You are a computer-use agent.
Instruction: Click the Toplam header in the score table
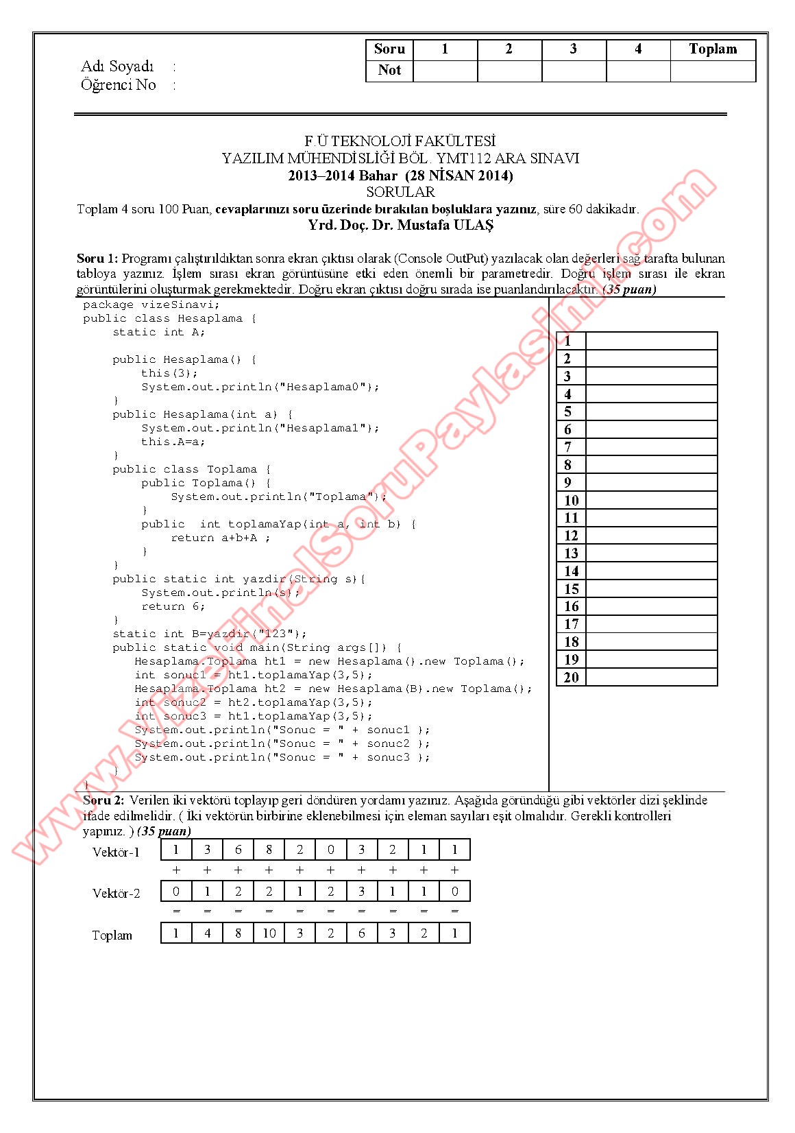click(x=713, y=49)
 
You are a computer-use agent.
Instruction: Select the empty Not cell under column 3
click(x=574, y=71)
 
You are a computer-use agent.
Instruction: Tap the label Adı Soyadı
click(x=117, y=67)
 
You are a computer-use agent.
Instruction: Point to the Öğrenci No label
click(x=119, y=85)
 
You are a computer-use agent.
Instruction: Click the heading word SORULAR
click(x=400, y=192)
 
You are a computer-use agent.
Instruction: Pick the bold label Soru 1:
click(x=97, y=259)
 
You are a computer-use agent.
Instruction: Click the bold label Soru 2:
click(x=103, y=800)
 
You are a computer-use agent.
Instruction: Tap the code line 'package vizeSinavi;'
click(x=151, y=305)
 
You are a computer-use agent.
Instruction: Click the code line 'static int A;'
click(x=159, y=332)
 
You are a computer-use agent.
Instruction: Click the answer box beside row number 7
click(x=651, y=447)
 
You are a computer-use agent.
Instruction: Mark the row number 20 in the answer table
click(x=571, y=678)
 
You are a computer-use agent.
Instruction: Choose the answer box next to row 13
click(x=651, y=553)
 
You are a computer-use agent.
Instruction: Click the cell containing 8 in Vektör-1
click(x=269, y=850)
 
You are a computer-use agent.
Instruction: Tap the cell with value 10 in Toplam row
click(x=269, y=933)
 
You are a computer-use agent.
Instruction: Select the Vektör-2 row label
click(x=116, y=893)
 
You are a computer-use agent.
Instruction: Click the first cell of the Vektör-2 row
click(x=176, y=892)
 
